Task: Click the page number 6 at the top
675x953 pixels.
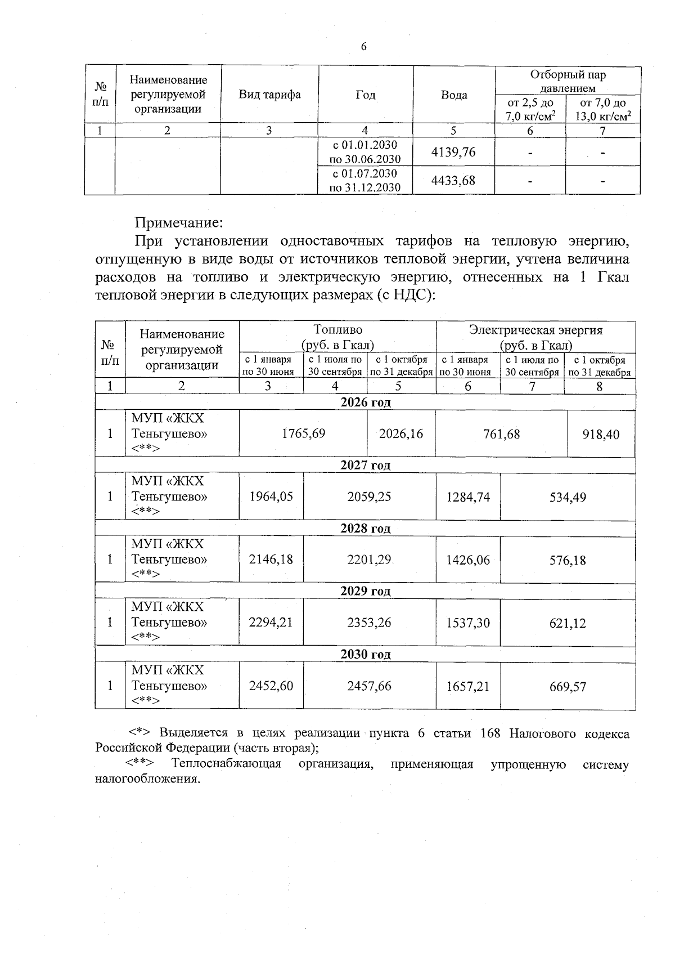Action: pos(363,47)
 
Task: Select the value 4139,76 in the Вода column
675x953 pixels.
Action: pos(453,152)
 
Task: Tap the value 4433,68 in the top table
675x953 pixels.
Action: pos(453,180)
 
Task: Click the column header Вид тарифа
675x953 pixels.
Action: pos(269,95)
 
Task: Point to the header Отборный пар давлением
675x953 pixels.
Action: pos(568,81)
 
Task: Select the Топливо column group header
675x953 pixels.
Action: pos(337,337)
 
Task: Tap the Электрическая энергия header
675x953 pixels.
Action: pos(535,337)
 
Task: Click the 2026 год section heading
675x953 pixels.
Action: pos(366,402)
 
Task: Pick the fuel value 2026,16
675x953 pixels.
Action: pos(401,433)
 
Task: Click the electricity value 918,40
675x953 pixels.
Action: pos(601,434)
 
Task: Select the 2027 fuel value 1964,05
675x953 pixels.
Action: pos(271,496)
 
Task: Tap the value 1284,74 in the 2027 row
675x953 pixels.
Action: pos(468,496)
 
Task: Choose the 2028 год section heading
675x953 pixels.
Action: pos(366,529)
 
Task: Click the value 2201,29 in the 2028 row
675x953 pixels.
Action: pos(369,560)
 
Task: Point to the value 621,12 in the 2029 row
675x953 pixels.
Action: pos(568,623)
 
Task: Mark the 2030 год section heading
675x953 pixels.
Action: pos(366,655)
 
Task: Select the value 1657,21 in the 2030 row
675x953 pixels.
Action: pos(468,686)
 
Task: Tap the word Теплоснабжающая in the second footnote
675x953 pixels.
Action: pos(226,764)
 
